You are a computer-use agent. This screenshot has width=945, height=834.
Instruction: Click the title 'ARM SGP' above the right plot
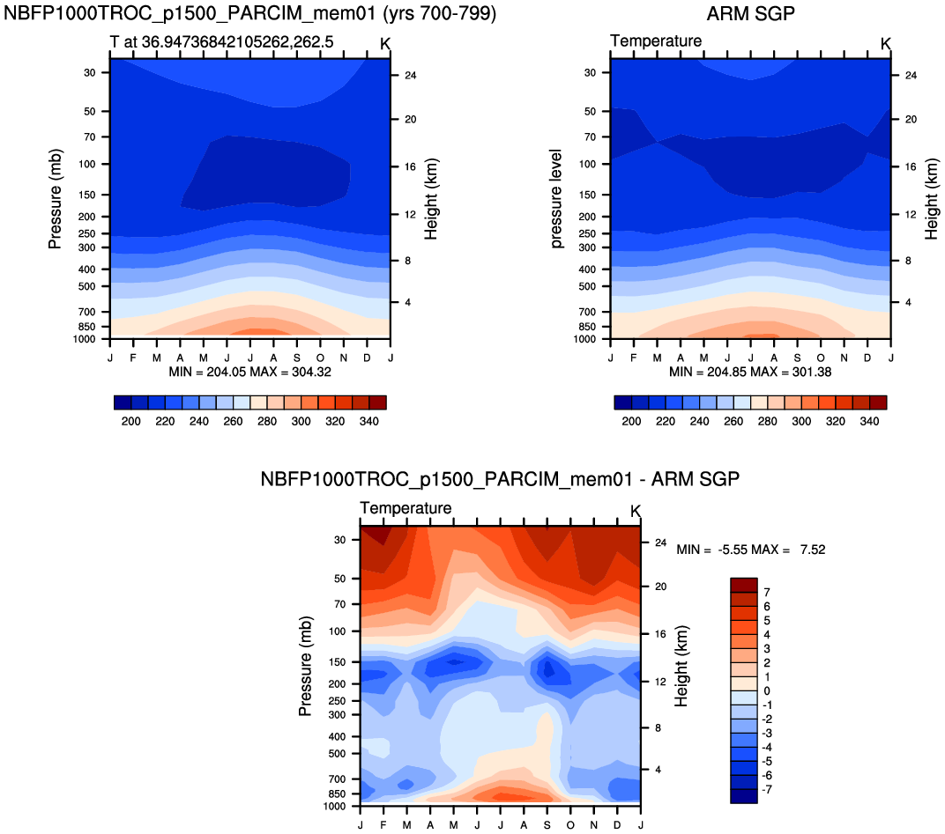pos(749,14)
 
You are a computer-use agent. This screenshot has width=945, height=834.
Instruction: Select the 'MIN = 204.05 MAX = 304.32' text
pos(250,372)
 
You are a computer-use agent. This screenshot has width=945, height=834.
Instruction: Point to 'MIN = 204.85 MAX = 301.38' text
pos(750,372)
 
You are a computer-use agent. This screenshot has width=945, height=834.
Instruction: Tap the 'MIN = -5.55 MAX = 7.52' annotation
pos(750,550)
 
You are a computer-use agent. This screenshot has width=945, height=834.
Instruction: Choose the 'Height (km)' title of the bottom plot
pos(681,668)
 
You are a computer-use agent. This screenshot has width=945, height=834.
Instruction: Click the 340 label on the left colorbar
pos(368,421)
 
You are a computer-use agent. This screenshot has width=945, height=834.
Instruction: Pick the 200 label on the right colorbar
pos(630,421)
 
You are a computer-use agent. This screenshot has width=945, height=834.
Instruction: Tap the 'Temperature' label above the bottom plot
pos(406,508)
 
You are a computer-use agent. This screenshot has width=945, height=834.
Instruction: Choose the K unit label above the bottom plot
pos(636,511)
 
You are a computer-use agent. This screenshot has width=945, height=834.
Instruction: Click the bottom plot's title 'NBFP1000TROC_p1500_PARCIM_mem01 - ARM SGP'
pos(500,480)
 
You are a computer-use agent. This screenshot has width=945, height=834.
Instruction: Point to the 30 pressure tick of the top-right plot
pos(590,72)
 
